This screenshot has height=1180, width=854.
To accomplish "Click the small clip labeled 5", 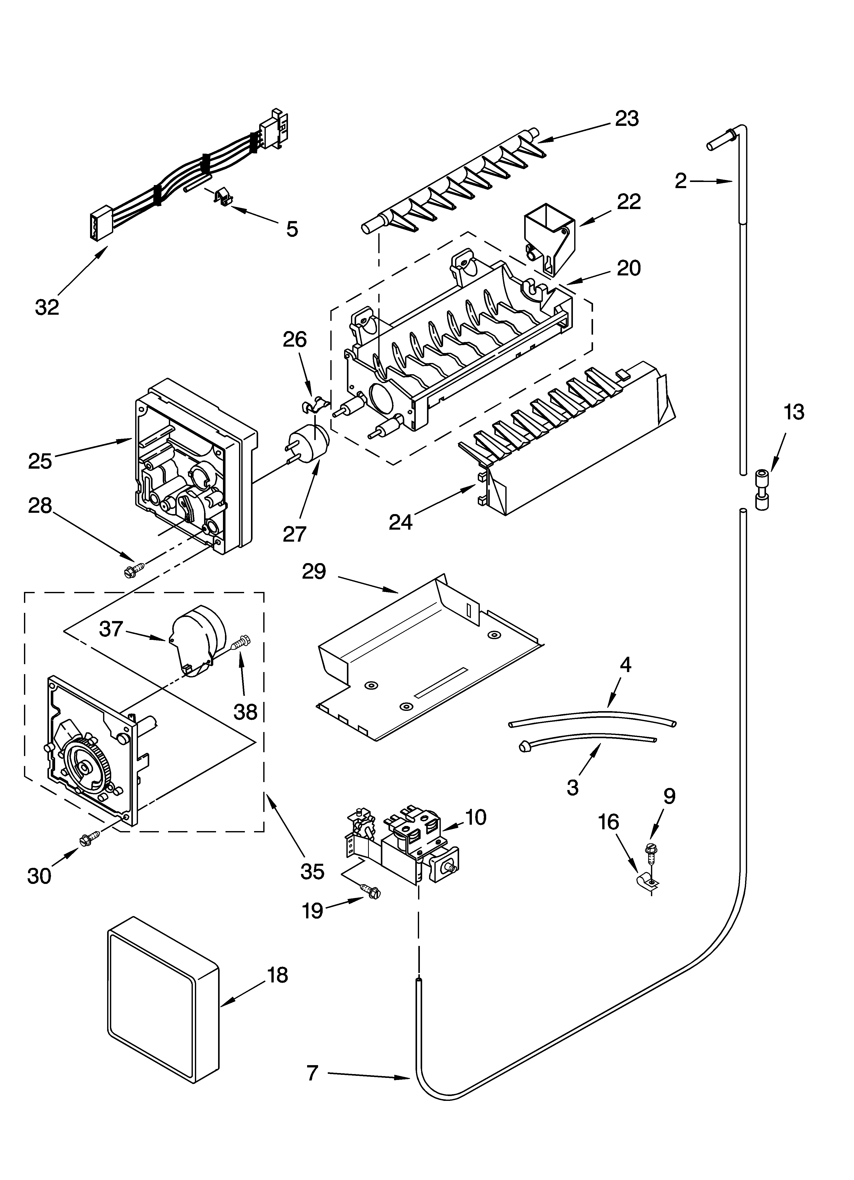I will coord(223,198).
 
